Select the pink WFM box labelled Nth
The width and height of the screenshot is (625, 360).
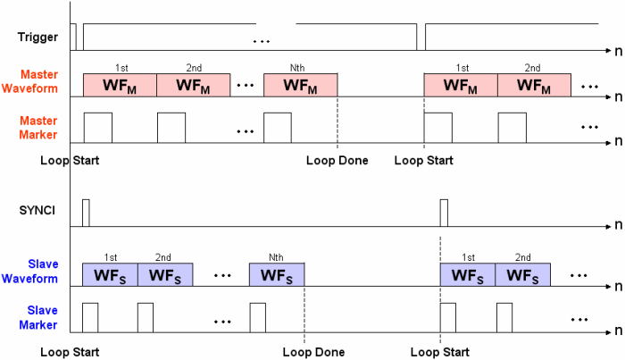301,85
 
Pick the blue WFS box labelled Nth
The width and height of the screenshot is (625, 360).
277,274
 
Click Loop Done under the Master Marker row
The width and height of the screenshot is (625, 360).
332,161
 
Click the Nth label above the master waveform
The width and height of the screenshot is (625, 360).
300,68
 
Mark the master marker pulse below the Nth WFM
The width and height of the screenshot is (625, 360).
278,127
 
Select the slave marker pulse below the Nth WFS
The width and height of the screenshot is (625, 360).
257,317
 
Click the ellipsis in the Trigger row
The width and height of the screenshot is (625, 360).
262,41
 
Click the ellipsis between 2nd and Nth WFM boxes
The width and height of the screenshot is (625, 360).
246,87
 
